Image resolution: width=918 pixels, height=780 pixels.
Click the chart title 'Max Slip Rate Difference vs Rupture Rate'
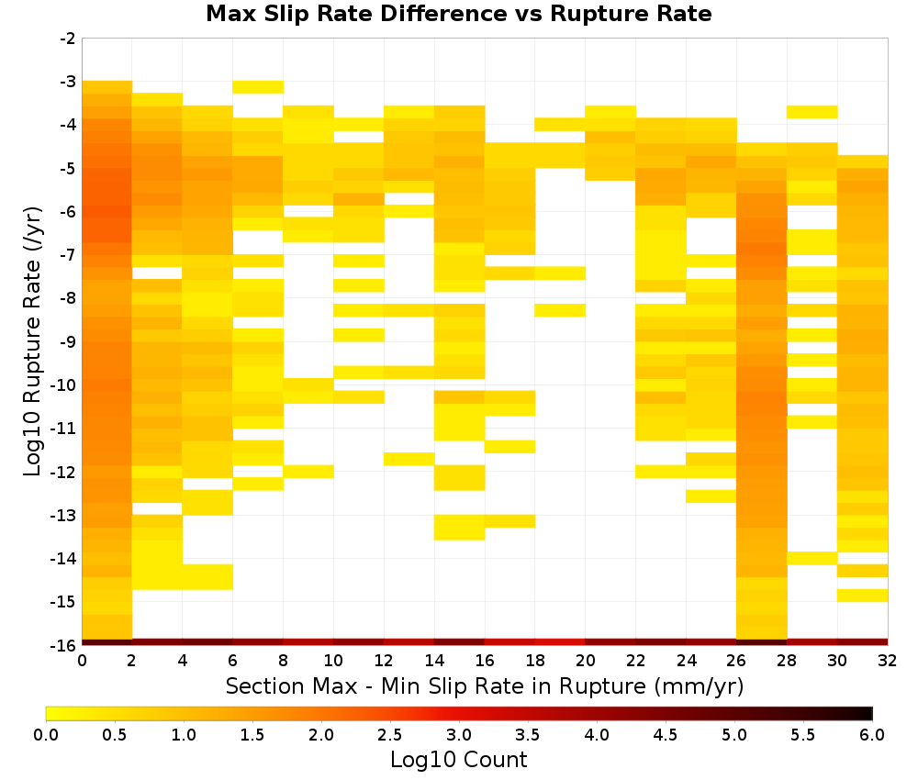pos(458,14)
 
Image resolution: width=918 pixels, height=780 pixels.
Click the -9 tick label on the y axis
pos(68,341)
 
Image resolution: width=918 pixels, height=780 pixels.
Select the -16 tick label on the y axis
pos(64,645)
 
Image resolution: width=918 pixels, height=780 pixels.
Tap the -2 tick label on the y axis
pos(68,39)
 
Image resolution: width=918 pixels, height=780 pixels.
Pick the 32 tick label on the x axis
pos(888,661)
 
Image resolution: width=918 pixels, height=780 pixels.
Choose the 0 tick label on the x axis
pos(82,661)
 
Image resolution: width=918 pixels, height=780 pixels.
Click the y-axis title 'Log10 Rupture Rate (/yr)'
pos(32,341)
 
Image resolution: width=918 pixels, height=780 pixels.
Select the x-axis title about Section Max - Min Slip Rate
pos(485,686)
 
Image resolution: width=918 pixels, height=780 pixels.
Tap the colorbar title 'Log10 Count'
pos(459,760)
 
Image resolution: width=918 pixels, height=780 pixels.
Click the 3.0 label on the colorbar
pos(459,735)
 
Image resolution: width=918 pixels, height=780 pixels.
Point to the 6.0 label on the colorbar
pos(872,735)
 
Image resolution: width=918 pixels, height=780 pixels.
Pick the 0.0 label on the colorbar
pos(46,735)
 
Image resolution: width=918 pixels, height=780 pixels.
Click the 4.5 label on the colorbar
pos(666,735)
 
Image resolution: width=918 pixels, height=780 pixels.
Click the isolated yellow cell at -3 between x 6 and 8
pos(258,87)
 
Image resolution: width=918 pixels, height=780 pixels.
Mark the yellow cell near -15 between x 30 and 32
pos(862,595)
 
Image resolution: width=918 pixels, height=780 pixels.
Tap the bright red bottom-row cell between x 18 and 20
pos(560,642)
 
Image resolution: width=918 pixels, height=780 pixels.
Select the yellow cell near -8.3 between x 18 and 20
pos(560,310)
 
